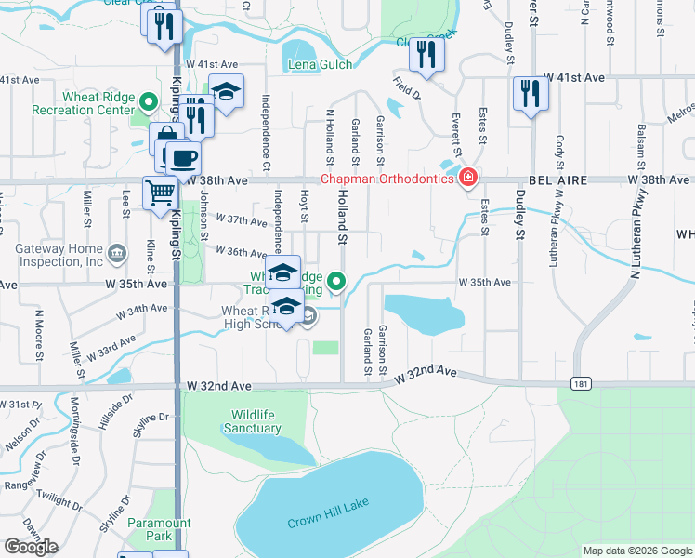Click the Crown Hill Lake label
click(328, 503)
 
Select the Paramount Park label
click(151, 529)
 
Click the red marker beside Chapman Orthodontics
click(469, 178)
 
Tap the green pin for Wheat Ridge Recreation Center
click(148, 100)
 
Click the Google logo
click(31, 547)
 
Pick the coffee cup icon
click(183, 155)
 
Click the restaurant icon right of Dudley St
click(531, 93)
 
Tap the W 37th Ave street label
click(242, 219)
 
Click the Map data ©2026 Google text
click(636, 551)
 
